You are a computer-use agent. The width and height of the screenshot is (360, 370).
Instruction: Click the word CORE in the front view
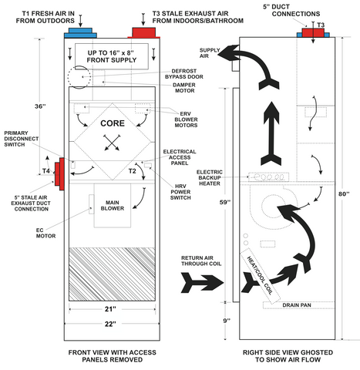(113, 123)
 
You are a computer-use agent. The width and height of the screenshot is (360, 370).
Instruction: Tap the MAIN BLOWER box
(113, 205)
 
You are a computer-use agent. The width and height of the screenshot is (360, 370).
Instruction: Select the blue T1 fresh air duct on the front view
(80, 33)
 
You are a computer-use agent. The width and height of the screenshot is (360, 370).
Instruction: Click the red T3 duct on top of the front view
(144, 33)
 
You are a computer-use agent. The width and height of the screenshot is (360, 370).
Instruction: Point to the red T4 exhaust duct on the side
(59, 174)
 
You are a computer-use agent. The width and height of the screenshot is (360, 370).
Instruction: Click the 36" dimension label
(40, 106)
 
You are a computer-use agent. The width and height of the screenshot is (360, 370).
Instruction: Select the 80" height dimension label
(344, 193)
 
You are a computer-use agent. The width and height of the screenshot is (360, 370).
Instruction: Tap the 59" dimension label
(225, 202)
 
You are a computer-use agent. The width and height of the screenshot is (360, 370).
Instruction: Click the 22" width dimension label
(110, 324)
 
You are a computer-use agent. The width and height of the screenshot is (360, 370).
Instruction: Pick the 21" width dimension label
(110, 309)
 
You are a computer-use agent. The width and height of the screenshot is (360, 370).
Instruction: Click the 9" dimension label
(227, 321)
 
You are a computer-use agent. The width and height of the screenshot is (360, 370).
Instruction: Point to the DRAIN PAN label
(297, 305)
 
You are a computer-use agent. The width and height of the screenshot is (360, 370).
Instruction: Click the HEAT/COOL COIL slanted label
(260, 275)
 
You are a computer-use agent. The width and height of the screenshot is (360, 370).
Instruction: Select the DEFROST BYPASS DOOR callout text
(184, 74)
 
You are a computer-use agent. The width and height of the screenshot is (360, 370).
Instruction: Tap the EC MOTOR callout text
(45, 233)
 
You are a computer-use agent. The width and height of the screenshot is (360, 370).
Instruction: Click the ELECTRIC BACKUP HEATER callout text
(210, 177)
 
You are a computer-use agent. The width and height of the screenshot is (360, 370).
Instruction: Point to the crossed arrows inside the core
(113, 143)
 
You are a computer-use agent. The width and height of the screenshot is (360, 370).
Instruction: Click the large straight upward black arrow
(271, 133)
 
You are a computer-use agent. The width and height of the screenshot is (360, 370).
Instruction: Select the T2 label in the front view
(132, 171)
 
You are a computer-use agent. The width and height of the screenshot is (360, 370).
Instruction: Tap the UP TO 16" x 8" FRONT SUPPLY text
(112, 56)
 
